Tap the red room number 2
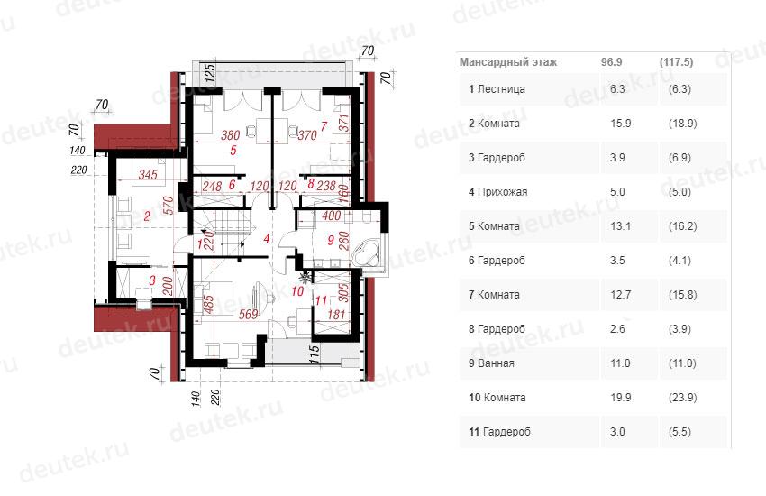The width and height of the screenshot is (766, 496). click(x=147, y=215)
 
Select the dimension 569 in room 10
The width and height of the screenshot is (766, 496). click(x=248, y=314)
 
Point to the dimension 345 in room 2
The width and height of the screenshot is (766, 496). click(x=148, y=174)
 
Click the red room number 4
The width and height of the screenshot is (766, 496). click(x=266, y=238)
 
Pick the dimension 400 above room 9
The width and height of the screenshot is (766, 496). click(x=332, y=216)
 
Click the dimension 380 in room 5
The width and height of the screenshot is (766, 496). click(x=230, y=135)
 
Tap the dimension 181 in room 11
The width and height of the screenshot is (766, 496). click(x=337, y=314)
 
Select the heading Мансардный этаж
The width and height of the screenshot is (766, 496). click(x=508, y=62)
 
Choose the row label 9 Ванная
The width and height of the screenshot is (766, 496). click(x=491, y=363)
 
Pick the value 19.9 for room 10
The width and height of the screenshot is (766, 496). click(x=620, y=398)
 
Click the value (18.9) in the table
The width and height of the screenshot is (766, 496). click(x=682, y=124)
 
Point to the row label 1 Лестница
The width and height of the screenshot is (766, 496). click(x=497, y=89)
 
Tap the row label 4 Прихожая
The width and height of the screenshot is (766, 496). click(x=497, y=191)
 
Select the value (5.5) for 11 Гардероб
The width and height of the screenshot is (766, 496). click(x=680, y=431)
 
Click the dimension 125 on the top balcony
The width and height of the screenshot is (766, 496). click(x=210, y=74)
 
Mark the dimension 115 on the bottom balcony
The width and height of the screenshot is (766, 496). click(x=315, y=354)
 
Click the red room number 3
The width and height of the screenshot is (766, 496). click(x=152, y=280)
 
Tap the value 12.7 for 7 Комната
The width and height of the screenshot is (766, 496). click(x=620, y=295)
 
